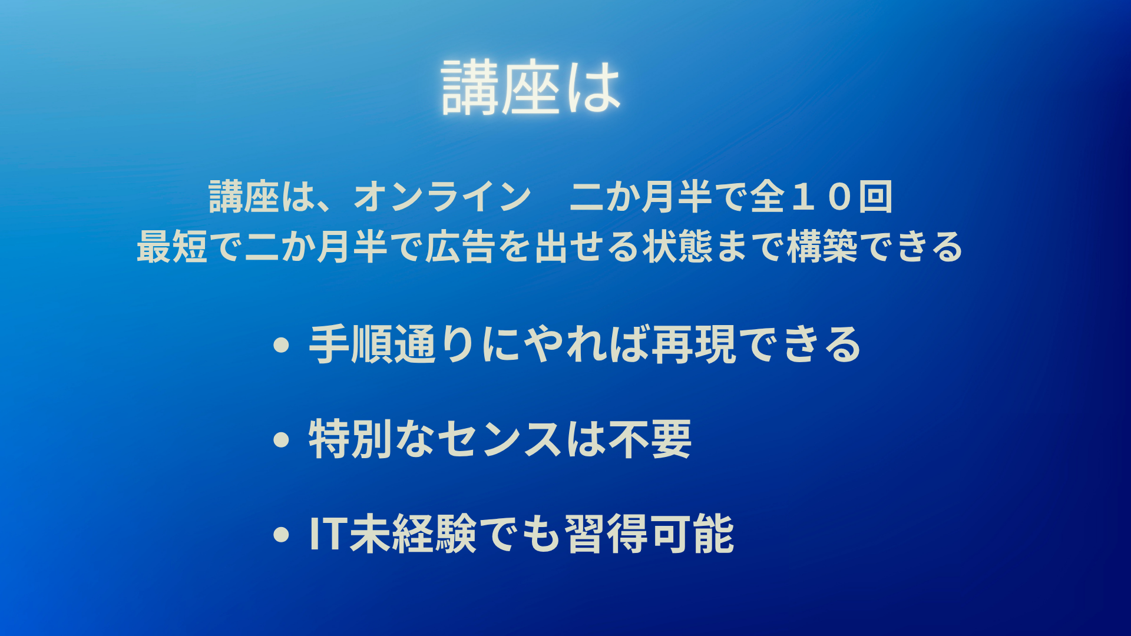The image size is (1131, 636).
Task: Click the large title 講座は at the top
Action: [x=531, y=87]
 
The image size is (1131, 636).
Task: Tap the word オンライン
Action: [x=442, y=196]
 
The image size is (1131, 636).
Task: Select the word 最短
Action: [x=172, y=246]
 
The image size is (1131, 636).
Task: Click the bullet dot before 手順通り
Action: [x=282, y=345]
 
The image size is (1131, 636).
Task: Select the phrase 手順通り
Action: [x=392, y=344]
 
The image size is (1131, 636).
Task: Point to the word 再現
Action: [x=694, y=344]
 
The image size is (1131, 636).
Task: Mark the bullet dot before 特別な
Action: [x=282, y=439]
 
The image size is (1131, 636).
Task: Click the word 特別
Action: [x=350, y=439]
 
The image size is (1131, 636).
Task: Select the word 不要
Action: [x=650, y=439]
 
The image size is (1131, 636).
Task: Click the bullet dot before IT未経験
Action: [x=282, y=534]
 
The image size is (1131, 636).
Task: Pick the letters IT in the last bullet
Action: [x=327, y=534]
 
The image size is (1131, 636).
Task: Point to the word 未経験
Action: [x=412, y=534]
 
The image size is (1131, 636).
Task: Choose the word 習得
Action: [x=607, y=534]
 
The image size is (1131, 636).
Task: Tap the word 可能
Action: [x=692, y=534]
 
